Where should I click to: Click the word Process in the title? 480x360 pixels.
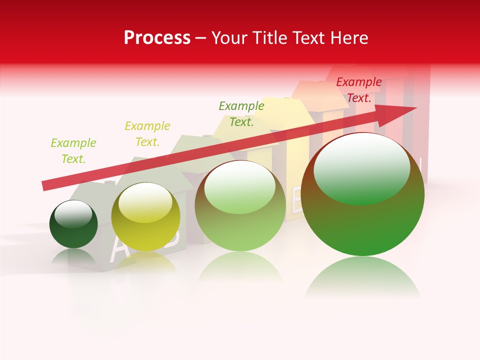coord(157,38)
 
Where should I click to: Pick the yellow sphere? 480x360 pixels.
coord(145,217)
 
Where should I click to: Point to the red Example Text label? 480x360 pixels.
coord(358,90)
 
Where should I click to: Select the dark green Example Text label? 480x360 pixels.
coord(241,114)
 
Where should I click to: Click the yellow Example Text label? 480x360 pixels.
coord(147,134)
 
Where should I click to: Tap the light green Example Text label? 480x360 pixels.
coord(73,151)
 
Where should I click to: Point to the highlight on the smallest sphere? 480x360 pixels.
coord(73,213)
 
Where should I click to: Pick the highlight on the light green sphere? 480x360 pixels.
coord(240,186)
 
